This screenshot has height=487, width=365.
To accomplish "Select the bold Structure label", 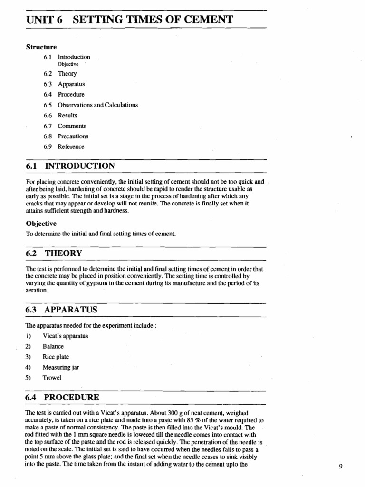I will tap(41, 47).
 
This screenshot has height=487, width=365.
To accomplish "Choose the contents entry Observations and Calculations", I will tap(97, 105).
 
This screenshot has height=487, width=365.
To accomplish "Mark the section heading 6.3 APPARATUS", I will tap(61, 310).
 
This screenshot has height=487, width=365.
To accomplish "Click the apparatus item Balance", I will tap(53, 347).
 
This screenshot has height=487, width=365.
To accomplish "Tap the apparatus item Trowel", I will tap(52, 378).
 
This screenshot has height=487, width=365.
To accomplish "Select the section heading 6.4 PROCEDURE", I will tap(62, 398).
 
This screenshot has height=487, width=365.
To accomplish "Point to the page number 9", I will tap(341, 466).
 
